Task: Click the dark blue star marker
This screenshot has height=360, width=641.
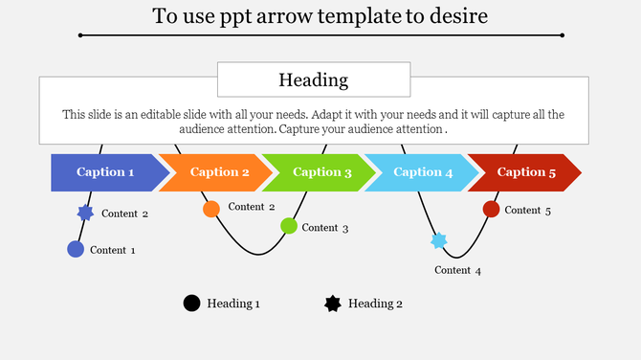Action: [x=85, y=214]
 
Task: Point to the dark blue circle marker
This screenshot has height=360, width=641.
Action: [x=76, y=250]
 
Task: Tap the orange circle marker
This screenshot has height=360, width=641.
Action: [x=211, y=209]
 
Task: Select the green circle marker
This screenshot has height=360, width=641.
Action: [x=289, y=226]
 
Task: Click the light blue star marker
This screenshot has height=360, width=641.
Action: [x=439, y=241]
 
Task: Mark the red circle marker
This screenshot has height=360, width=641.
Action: [x=492, y=209]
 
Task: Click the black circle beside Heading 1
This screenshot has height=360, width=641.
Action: [x=191, y=304]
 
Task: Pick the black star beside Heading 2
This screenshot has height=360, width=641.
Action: [x=333, y=304]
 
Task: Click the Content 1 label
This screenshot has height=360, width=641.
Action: [x=113, y=250]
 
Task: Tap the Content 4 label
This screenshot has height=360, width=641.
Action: [x=457, y=270]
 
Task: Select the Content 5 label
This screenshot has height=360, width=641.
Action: [x=528, y=210]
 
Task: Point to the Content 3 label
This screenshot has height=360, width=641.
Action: [x=325, y=228]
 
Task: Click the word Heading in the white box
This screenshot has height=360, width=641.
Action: [x=313, y=79]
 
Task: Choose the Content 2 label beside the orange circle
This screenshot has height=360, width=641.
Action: [x=252, y=207]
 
